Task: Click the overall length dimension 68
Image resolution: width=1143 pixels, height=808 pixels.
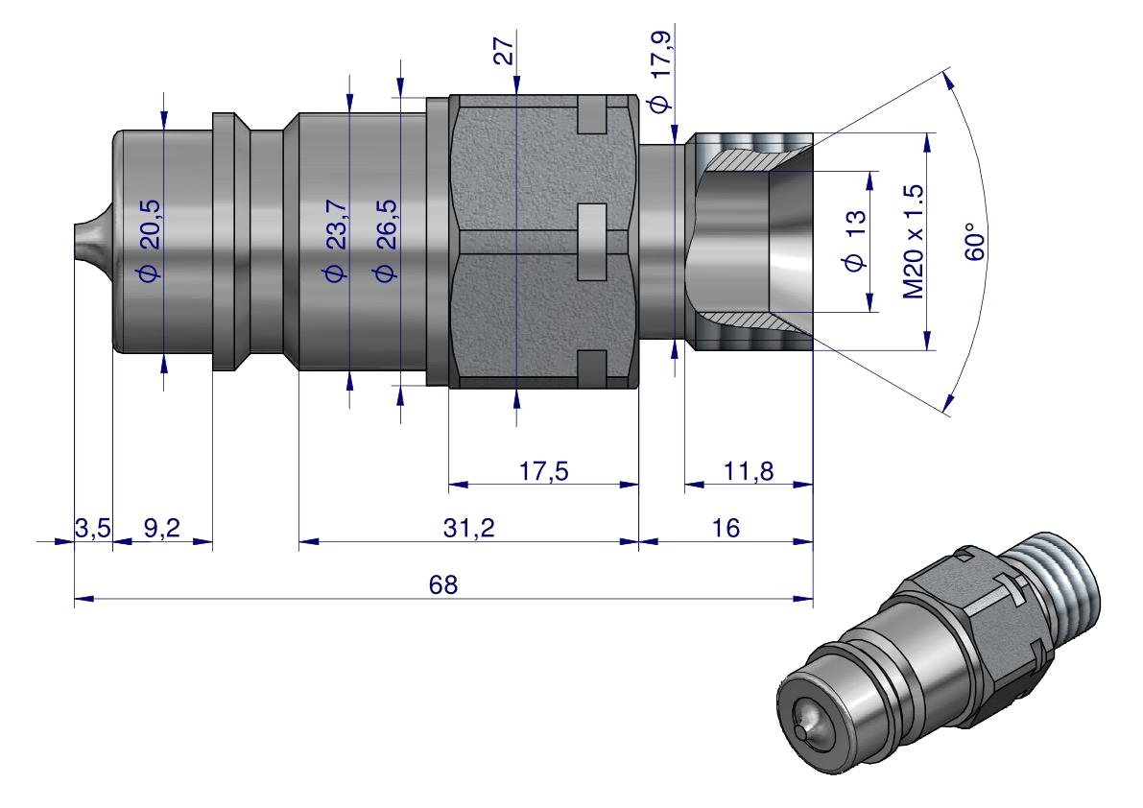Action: point(443,584)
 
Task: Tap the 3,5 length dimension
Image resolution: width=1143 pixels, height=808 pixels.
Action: point(92,527)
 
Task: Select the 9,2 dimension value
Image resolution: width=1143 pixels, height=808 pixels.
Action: point(161,527)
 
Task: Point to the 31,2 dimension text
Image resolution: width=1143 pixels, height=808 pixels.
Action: point(468,527)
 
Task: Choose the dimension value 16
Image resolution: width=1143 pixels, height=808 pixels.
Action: point(726,527)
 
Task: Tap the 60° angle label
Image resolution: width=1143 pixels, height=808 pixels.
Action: point(975,240)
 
